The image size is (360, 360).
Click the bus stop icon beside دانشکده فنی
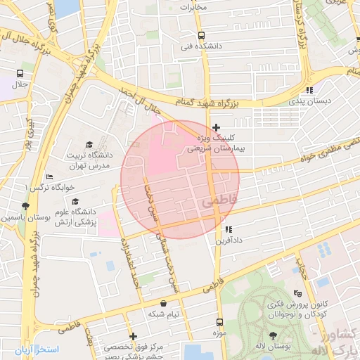click(202, 35)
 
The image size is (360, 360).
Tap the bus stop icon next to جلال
click(19, 73)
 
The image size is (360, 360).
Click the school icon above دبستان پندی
click(309, 90)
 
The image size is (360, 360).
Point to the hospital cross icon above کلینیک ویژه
click(216, 127)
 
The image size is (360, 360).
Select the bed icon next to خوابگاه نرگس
click(49, 177)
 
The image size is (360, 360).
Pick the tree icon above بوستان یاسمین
click(25, 206)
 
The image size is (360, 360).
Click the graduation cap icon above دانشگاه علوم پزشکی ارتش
click(75, 201)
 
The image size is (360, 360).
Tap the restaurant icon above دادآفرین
click(228, 229)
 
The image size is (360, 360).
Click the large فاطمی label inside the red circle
click(220, 202)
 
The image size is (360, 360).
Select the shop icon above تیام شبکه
click(164, 303)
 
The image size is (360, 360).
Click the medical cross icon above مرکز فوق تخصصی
click(133, 336)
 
